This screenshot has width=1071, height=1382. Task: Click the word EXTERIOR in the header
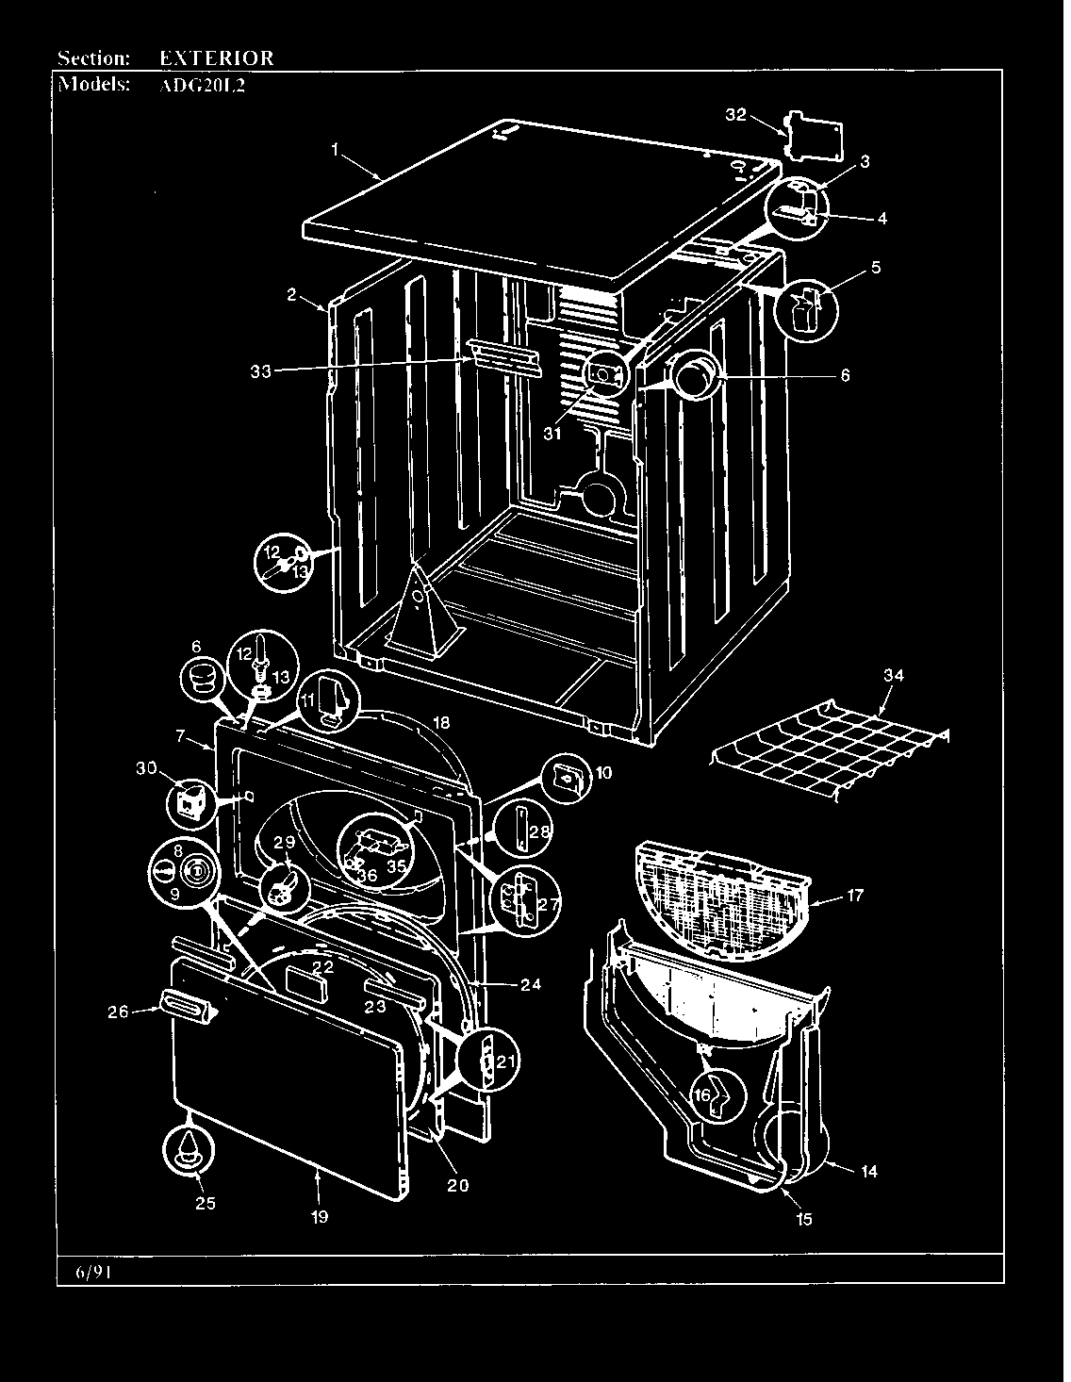tap(216, 58)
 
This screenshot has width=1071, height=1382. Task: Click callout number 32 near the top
tap(735, 115)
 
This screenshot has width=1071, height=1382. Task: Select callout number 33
tap(260, 371)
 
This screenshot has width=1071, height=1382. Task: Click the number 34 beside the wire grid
tap(893, 675)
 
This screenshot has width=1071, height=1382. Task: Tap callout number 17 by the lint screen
tap(854, 896)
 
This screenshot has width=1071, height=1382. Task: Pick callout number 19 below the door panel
tap(320, 1217)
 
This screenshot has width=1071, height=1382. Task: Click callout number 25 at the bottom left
tap(205, 1202)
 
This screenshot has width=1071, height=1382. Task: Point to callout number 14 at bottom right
tap(868, 1171)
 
